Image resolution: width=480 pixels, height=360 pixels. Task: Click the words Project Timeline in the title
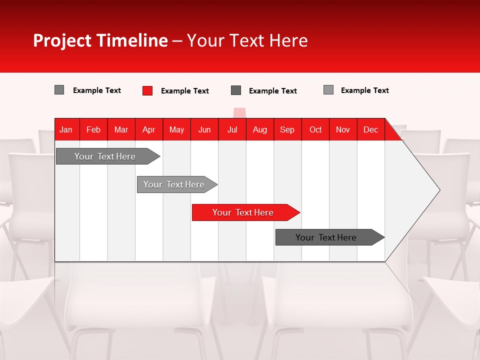click(100, 40)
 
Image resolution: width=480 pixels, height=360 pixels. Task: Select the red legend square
click(147, 90)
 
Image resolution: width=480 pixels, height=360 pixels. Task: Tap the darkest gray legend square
click(236, 90)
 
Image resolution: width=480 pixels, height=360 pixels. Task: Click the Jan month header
click(66, 129)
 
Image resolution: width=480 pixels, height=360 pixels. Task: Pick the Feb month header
click(93, 129)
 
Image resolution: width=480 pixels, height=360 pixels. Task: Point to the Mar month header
click(121, 129)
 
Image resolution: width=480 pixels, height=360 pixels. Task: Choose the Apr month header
click(149, 129)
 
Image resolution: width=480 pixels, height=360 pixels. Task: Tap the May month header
click(176, 129)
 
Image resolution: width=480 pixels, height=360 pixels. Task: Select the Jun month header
click(204, 129)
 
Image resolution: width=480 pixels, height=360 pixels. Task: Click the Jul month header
click(232, 129)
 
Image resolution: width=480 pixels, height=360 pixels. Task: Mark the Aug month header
click(260, 129)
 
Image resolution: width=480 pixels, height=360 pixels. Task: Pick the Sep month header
click(287, 129)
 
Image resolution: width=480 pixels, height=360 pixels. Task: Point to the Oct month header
click(315, 129)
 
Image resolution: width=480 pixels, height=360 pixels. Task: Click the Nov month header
click(343, 129)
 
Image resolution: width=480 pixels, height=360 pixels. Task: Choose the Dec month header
click(371, 129)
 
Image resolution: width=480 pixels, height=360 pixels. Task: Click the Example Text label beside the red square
click(185, 91)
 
